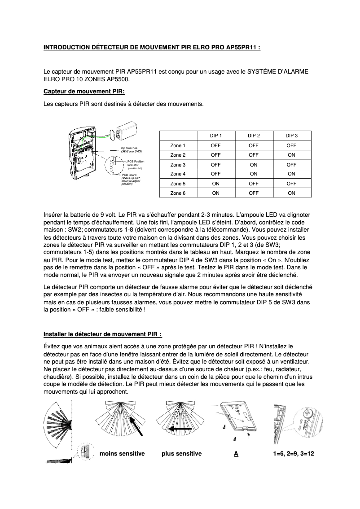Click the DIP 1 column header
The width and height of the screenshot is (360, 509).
[x=215, y=136]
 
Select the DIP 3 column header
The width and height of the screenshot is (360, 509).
[x=291, y=136]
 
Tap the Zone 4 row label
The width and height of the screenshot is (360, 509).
[x=178, y=174]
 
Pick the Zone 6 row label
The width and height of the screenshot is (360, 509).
[x=178, y=193]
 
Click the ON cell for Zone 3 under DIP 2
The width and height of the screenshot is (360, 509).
[x=254, y=164]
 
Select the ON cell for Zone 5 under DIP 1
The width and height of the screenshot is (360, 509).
[x=215, y=184]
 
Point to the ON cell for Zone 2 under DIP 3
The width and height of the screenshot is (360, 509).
[x=291, y=155]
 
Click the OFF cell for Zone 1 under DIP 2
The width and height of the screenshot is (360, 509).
[x=254, y=145]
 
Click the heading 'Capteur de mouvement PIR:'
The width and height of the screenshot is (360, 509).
[x=84, y=92]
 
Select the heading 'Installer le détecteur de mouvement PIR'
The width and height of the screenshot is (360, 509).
[x=102, y=334]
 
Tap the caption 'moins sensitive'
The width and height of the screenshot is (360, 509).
[x=122, y=454]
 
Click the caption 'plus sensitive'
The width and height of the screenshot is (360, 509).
[x=181, y=454]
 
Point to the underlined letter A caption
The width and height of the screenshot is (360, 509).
[x=236, y=454]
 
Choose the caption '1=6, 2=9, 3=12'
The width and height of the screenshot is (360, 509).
[x=293, y=454]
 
